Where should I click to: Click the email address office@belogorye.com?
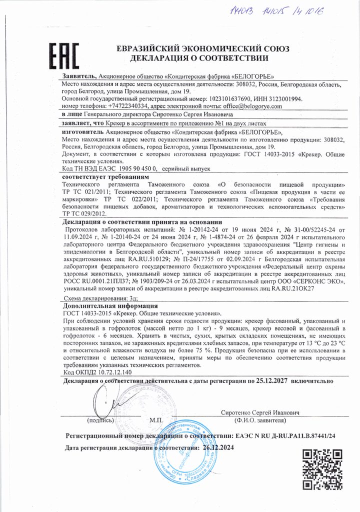tap(246, 106)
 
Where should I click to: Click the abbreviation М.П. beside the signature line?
tap(156, 420)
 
